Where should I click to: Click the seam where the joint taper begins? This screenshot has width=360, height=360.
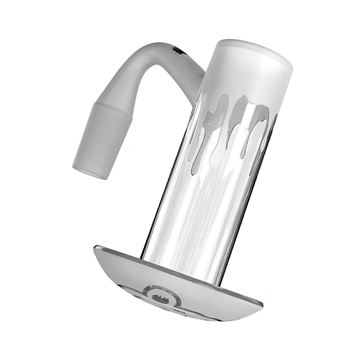[110, 110]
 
